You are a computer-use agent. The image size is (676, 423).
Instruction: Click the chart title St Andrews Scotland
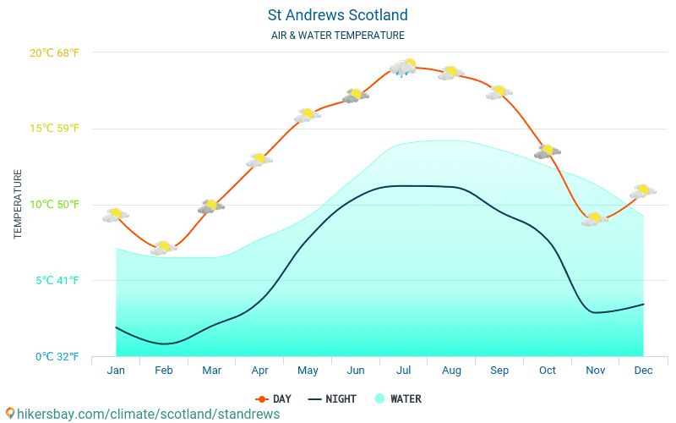point(337,15)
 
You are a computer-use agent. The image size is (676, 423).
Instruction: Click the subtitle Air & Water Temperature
point(337,36)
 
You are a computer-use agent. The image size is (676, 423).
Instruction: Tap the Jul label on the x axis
point(404,371)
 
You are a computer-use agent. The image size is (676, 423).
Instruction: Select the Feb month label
point(164,371)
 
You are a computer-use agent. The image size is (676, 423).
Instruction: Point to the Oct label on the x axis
point(548,371)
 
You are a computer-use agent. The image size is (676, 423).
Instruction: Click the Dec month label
point(643,371)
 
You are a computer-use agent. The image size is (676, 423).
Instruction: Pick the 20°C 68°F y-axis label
point(54,52)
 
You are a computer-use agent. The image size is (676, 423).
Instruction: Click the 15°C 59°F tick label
point(54,129)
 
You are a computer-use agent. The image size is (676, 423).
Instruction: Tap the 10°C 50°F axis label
point(54,204)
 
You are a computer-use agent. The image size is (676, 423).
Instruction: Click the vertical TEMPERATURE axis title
point(18,204)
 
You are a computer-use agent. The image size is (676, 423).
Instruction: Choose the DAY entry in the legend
point(274,398)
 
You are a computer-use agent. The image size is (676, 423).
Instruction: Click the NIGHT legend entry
point(332,398)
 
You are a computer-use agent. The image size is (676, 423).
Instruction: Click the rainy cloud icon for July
point(403,68)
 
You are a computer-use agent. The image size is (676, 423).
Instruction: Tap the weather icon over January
point(116,215)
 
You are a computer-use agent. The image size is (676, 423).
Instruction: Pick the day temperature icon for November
point(595,219)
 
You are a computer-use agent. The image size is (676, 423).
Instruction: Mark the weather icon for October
point(548,151)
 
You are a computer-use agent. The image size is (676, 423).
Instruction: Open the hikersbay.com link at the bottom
point(142,414)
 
